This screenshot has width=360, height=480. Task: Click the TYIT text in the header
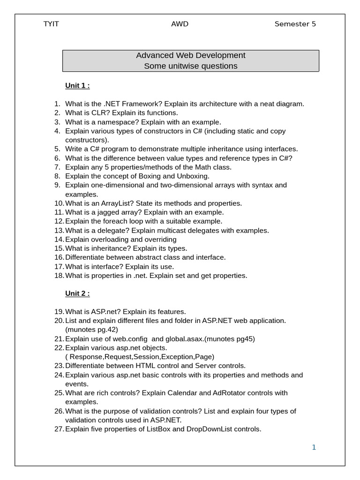(x=51, y=24)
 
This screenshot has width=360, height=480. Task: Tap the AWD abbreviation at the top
(x=180, y=24)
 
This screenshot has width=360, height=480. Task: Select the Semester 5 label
(x=295, y=24)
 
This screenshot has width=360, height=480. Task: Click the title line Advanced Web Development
(x=191, y=55)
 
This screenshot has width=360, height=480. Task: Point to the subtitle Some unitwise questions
(x=191, y=66)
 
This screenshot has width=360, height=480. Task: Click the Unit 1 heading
(x=77, y=85)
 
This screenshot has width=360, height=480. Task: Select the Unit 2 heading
(x=77, y=293)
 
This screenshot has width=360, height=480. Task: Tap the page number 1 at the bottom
(x=314, y=447)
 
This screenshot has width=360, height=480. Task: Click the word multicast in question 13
(x=177, y=231)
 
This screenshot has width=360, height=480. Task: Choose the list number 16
(x=59, y=257)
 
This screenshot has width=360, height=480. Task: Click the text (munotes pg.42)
(x=92, y=330)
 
